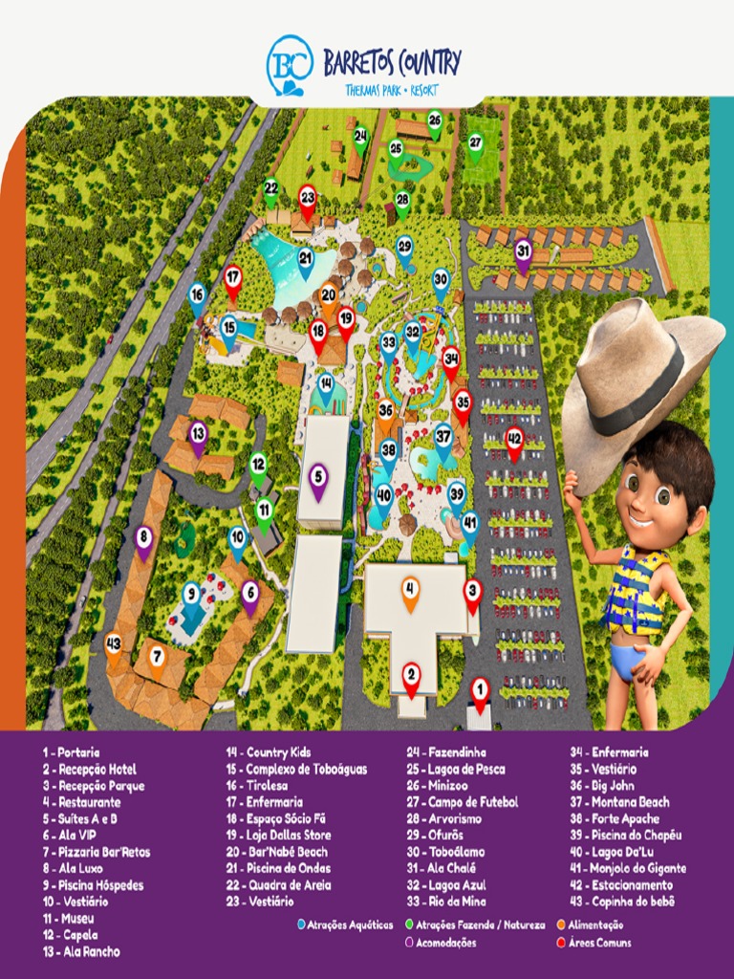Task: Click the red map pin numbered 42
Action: pos(515,441)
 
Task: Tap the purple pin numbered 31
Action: pos(523,253)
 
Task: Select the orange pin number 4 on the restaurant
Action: pos(410,591)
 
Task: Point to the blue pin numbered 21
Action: pos(306,260)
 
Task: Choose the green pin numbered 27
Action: pos(475,143)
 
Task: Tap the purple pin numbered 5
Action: pos(318,479)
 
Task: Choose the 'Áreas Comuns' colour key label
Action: pos(598,943)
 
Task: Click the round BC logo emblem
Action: pos(289,63)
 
